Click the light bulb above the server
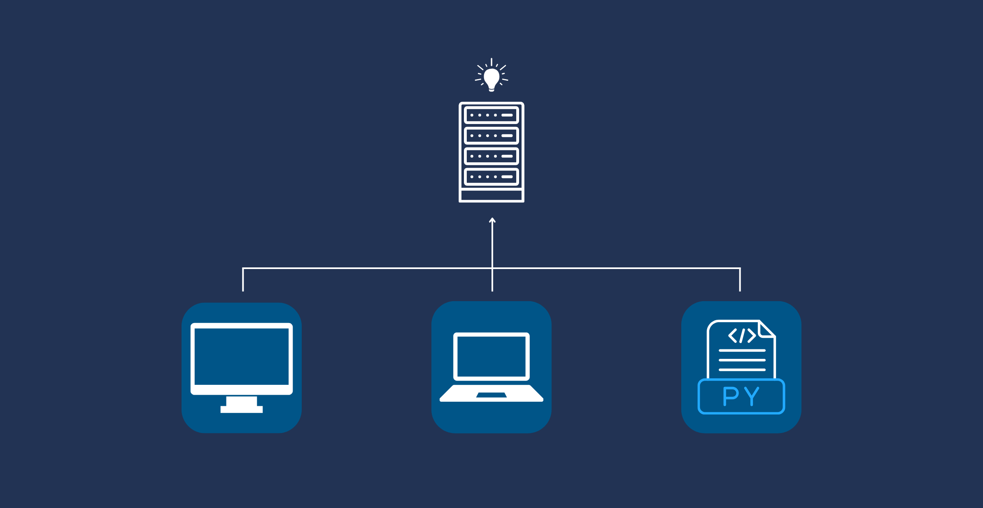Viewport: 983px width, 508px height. [x=491, y=78]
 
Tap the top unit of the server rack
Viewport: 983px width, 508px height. [x=491, y=115]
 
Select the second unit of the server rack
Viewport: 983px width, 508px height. [x=491, y=136]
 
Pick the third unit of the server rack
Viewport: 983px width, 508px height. [x=491, y=156]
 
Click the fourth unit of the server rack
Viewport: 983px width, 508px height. [x=491, y=177]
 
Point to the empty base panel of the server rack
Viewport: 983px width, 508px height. [x=491, y=195]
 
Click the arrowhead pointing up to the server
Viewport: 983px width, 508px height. [x=492, y=220]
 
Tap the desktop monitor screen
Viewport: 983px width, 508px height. [x=242, y=357]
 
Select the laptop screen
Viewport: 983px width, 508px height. [x=491, y=356]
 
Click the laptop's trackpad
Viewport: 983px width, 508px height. [x=491, y=395]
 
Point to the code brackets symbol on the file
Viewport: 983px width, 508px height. [x=742, y=336]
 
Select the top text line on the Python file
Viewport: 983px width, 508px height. [x=742, y=351]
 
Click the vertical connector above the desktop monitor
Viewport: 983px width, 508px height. [x=243, y=280]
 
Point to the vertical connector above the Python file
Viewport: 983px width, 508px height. [x=740, y=280]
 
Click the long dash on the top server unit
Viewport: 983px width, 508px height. [x=507, y=115]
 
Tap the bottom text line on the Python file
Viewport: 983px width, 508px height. [x=742, y=370]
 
